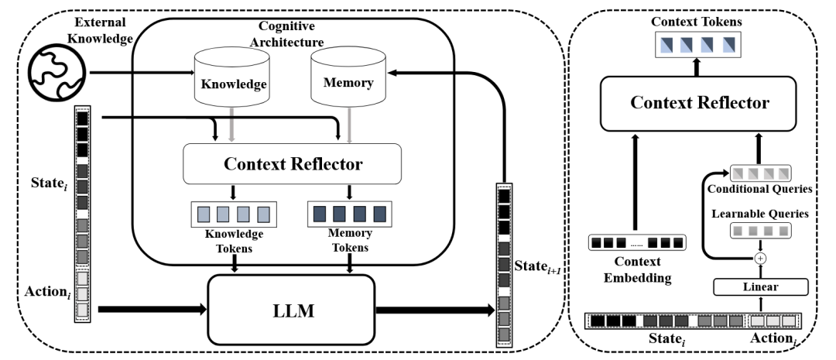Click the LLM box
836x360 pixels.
[x=291, y=310]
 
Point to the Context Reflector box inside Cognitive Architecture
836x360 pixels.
[x=292, y=163]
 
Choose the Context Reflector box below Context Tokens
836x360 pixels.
[x=698, y=103]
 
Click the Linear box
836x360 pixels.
[x=761, y=287]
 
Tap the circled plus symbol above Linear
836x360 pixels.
[x=761, y=258]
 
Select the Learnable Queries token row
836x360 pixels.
[x=760, y=231]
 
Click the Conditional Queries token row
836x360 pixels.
[x=760, y=173]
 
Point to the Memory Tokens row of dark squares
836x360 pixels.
[x=350, y=214]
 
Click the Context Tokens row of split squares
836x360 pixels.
[x=697, y=44]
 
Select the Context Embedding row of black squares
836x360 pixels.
[x=637, y=242]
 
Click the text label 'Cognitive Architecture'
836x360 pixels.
[x=290, y=33]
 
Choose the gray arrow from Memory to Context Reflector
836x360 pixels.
[x=348, y=124]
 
